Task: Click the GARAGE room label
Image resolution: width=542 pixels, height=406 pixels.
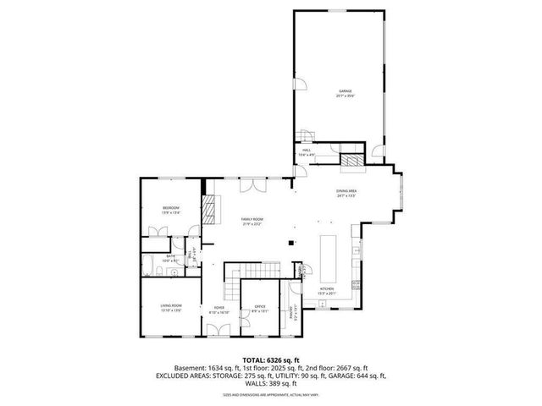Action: (x=345, y=91)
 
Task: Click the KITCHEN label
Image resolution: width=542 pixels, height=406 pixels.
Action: (x=326, y=288)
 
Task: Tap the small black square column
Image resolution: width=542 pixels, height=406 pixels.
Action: (x=290, y=244)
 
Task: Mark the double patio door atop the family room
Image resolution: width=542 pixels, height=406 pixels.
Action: (x=252, y=184)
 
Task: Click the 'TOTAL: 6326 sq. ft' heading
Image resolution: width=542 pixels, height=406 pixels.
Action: (x=271, y=360)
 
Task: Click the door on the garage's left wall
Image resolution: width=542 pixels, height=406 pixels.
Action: (x=297, y=83)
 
